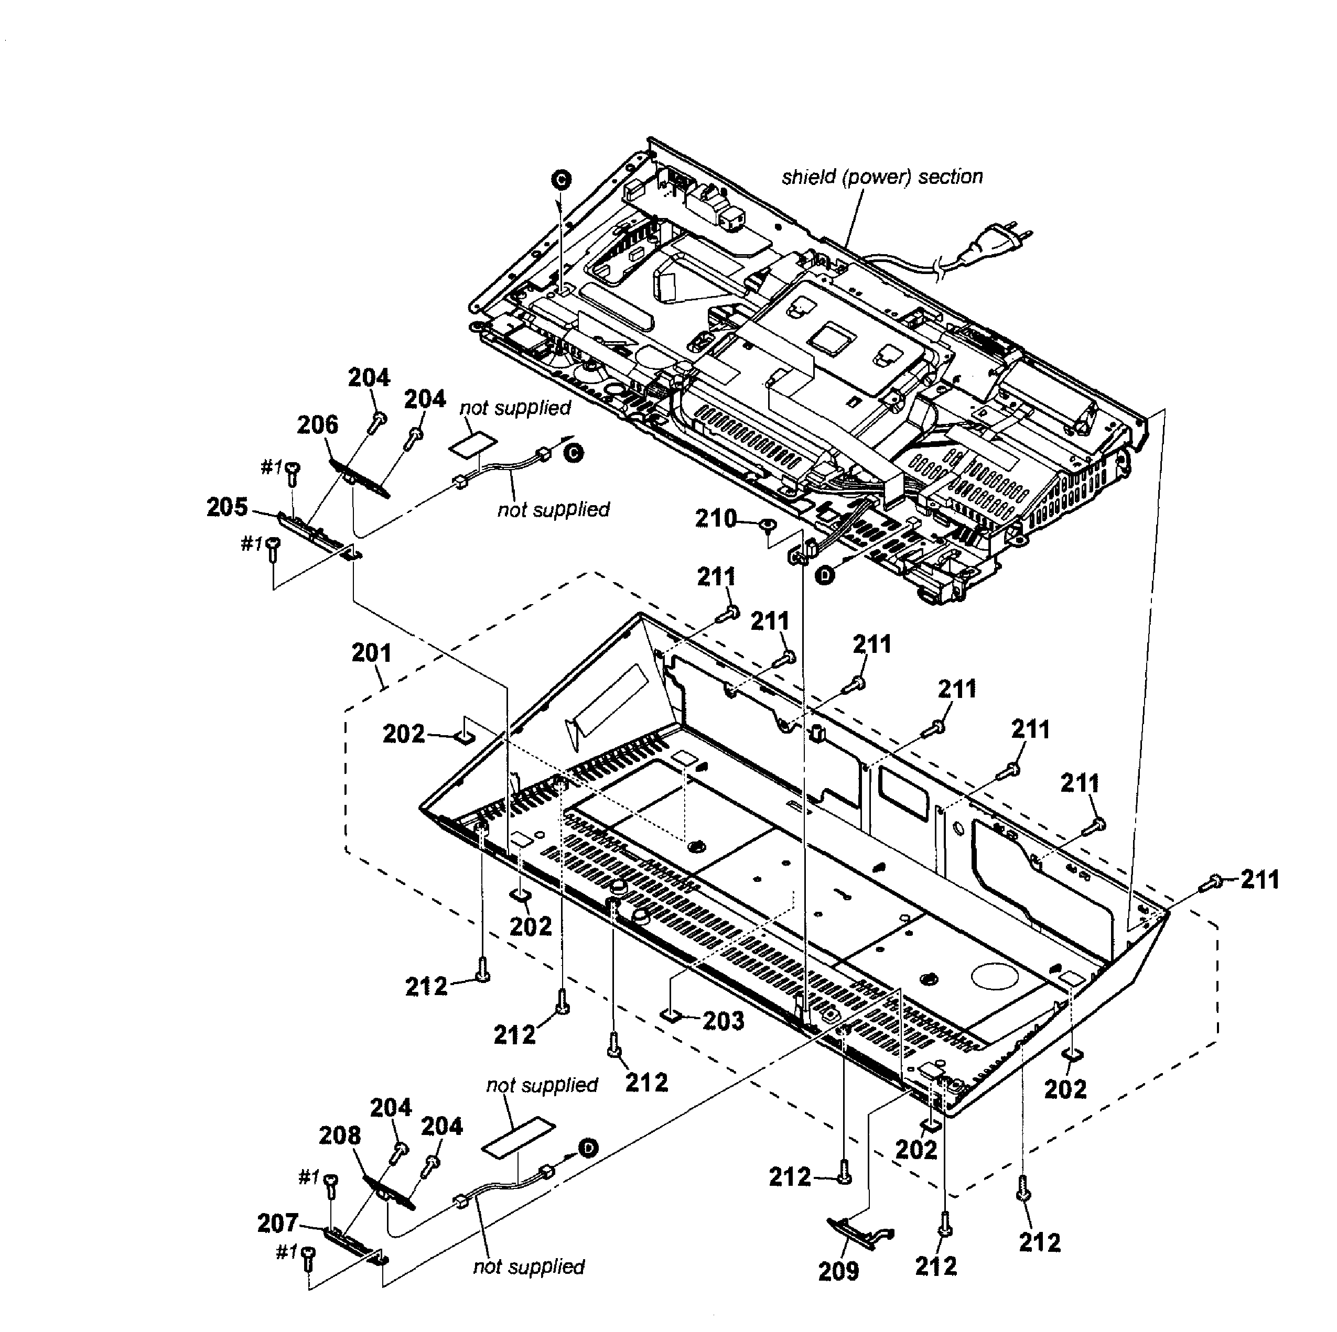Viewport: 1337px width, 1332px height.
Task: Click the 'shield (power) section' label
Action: (882, 177)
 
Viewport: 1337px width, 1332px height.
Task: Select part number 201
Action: (372, 652)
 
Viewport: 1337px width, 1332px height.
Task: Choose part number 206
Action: (318, 424)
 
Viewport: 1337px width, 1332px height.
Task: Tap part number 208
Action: (340, 1135)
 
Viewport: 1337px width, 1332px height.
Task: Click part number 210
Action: (716, 518)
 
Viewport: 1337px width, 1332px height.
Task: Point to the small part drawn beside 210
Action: (766, 526)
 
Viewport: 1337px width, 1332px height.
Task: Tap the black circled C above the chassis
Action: (561, 180)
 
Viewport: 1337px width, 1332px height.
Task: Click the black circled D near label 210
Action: (824, 575)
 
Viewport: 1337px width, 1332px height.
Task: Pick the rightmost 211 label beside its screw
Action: (1259, 880)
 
